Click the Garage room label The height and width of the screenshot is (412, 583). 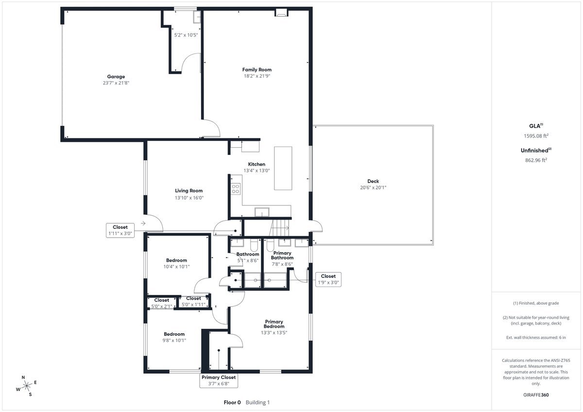(116, 77)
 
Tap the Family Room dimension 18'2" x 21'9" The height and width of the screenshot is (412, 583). (257, 76)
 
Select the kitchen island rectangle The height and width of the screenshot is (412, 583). (283, 168)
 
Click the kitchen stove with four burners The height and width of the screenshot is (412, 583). (236, 189)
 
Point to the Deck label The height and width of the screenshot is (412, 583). (373, 181)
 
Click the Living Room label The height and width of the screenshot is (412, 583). (189, 191)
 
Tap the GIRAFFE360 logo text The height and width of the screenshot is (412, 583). (536, 395)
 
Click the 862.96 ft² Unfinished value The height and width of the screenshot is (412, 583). (536, 159)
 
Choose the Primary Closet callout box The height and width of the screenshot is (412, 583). (219, 380)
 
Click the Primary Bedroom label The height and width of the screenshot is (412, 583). (274, 324)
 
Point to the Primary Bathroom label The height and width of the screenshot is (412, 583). (282, 256)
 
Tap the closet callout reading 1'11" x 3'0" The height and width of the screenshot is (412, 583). (120, 230)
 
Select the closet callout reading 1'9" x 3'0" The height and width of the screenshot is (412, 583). (328, 279)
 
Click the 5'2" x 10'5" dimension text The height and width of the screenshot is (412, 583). (186, 35)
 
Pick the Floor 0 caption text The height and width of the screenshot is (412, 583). (232, 402)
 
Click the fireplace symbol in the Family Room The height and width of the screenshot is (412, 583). (281, 13)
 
